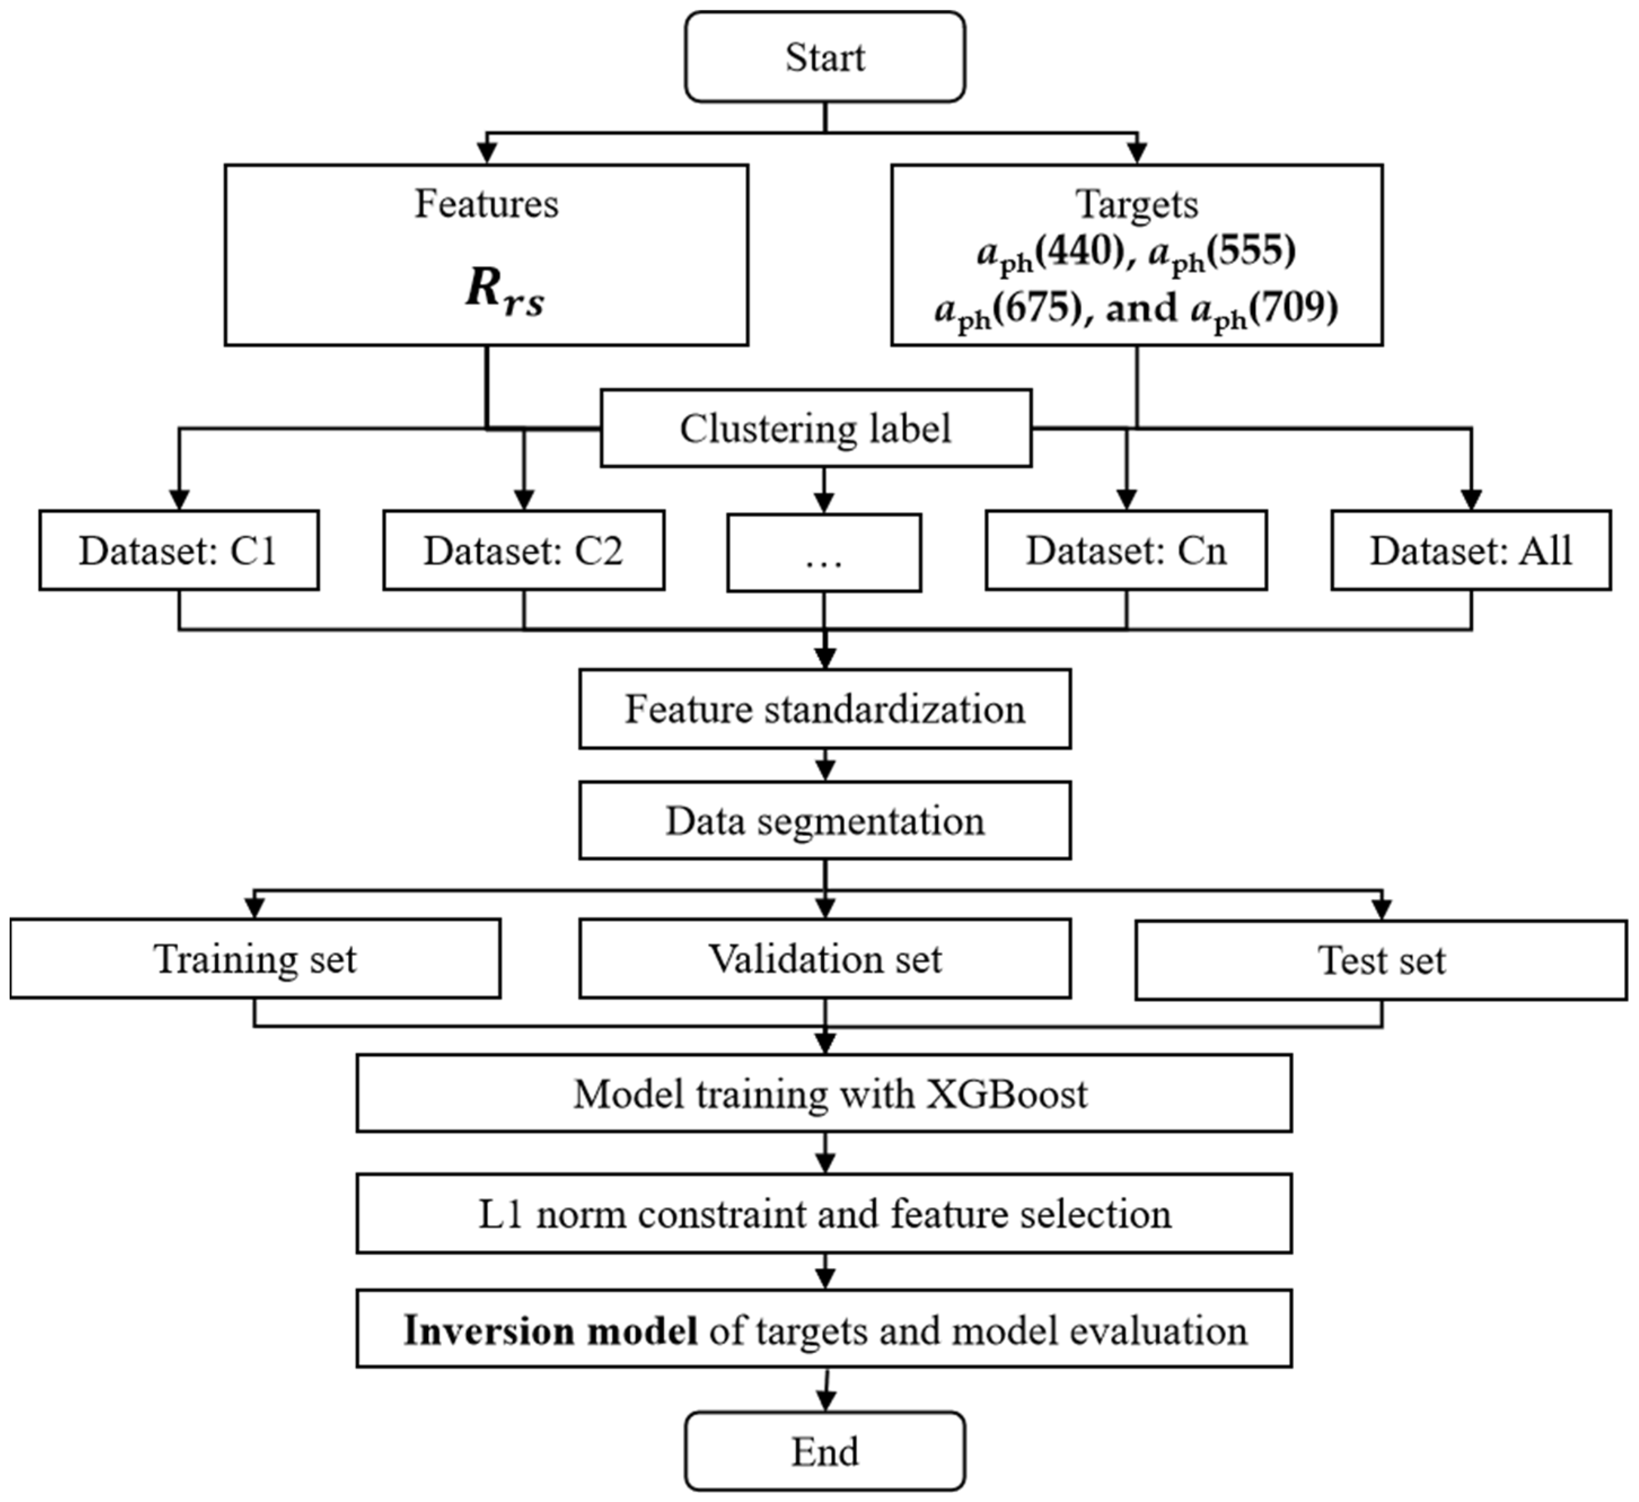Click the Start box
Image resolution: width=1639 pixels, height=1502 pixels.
[x=825, y=57]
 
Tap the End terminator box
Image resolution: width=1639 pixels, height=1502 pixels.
[x=825, y=1452]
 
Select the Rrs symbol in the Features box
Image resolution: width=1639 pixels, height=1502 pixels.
[x=504, y=291]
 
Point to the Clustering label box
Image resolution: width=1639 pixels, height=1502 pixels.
[x=816, y=429]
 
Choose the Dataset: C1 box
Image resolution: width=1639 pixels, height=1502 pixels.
[x=179, y=551]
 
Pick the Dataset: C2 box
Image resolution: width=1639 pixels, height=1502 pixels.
[x=523, y=551]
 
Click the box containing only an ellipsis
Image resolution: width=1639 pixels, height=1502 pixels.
[x=825, y=553]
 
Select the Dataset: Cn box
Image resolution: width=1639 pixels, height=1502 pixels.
[x=1126, y=551]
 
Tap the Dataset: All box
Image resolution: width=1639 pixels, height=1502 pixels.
[x=1471, y=551]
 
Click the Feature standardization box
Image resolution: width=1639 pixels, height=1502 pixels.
[x=825, y=709]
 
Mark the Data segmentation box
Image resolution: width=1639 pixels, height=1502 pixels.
[x=825, y=820]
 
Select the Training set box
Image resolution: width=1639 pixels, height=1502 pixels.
[x=255, y=959]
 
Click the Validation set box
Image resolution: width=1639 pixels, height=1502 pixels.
[x=825, y=959]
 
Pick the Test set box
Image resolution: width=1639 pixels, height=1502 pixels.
[x=1381, y=960]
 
